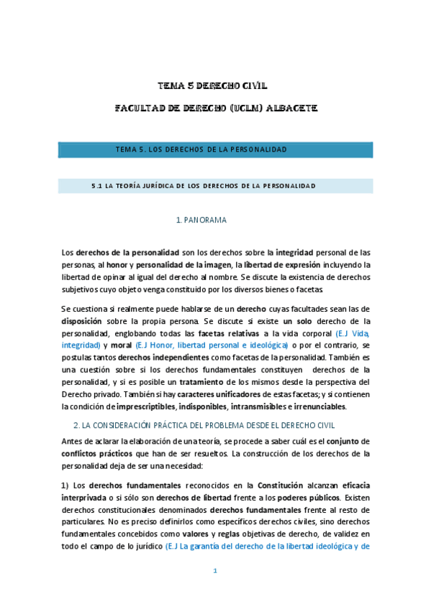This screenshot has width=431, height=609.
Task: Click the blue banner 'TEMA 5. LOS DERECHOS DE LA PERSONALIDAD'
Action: (201, 149)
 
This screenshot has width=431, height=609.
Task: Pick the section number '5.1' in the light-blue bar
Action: (97, 185)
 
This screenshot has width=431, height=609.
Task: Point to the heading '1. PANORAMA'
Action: (201, 220)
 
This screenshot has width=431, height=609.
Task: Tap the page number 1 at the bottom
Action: (215, 571)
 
